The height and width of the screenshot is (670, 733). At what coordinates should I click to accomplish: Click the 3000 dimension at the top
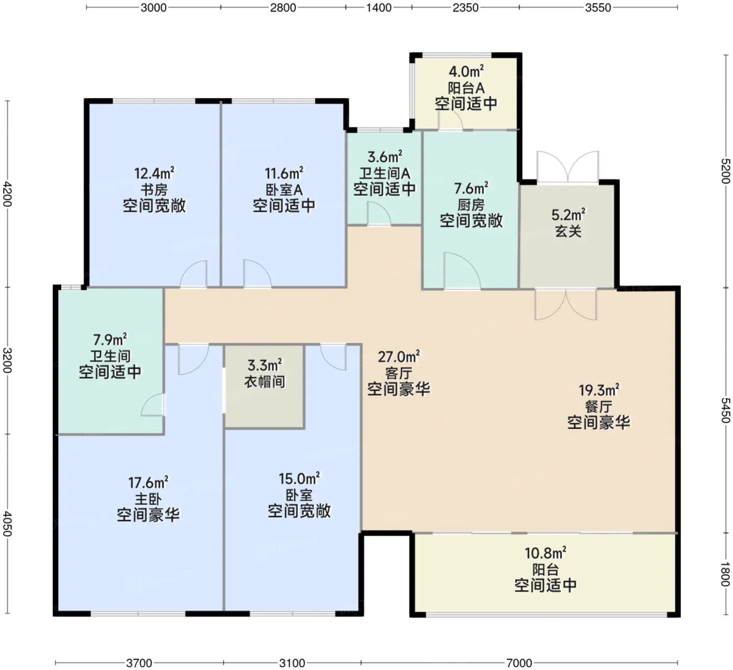pyautogui.click(x=153, y=8)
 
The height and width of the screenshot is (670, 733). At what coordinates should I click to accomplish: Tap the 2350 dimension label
pyautogui.click(x=465, y=8)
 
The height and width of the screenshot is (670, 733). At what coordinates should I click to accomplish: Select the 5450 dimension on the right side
pyautogui.click(x=725, y=410)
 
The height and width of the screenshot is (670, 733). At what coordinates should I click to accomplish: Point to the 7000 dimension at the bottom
pyautogui.click(x=519, y=663)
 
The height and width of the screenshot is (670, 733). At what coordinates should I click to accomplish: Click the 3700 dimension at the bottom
pyautogui.click(x=139, y=663)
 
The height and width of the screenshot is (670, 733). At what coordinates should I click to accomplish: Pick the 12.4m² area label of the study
pyautogui.click(x=154, y=173)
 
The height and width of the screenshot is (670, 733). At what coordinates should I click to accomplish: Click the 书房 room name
pyautogui.click(x=154, y=189)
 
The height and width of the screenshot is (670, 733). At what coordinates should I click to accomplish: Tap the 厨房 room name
pyautogui.click(x=471, y=205)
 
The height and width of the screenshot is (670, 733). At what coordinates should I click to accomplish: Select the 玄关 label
pyautogui.click(x=568, y=231)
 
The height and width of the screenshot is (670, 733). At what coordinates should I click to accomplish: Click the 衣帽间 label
pyautogui.click(x=264, y=382)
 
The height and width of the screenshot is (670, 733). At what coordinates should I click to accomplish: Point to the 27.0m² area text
pyautogui.click(x=398, y=356)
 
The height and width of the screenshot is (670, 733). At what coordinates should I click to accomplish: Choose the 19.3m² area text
pyautogui.click(x=598, y=390)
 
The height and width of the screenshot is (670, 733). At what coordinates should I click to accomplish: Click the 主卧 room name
pyautogui.click(x=148, y=499)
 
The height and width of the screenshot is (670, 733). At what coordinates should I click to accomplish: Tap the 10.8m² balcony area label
pyautogui.click(x=545, y=553)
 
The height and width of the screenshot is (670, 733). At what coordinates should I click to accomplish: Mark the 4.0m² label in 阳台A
pyautogui.click(x=467, y=72)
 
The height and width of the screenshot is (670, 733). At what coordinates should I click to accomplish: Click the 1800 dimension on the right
pyautogui.click(x=725, y=574)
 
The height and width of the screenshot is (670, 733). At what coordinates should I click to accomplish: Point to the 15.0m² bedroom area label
pyautogui.click(x=299, y=479)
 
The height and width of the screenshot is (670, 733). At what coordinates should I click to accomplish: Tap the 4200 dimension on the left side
pyautogui.click(x=7, y=194)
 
